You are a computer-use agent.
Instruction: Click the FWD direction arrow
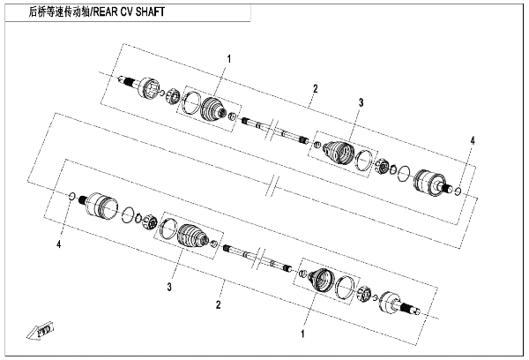point(41,330)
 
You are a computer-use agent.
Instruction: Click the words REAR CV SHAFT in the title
point(129,12)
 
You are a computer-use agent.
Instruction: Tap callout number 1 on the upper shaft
point(229,59)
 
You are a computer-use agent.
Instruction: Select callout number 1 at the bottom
point(302,334)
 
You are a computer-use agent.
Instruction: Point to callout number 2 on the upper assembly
point(315,89)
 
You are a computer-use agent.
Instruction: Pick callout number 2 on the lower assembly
point(219,304)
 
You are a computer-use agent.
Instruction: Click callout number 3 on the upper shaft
point(361,102)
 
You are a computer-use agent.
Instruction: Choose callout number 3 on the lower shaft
point(169,287)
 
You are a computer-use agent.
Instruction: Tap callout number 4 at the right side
point(473,141)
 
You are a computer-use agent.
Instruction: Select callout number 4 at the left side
point(59,244)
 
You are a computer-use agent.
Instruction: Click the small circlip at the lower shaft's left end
point(72,196)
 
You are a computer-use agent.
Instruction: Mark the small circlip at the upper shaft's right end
point(458,191)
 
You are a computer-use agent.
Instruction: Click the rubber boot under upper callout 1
point(213,109)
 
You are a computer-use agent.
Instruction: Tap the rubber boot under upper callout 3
point(339,152)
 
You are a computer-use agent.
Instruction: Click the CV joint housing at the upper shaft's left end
point(149,88)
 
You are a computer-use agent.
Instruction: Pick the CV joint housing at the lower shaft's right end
point(391,303)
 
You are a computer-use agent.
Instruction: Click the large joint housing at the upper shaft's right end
point(429,183)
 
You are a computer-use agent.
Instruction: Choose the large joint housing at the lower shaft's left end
point(102,205)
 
